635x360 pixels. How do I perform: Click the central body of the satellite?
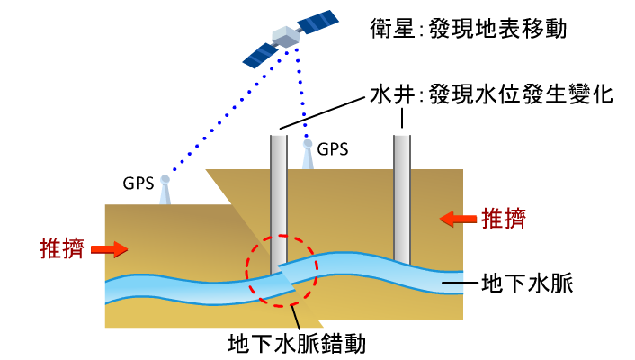point(285,37)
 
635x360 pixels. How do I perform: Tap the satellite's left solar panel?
point(260,57)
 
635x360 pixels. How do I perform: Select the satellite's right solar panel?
point(317,22)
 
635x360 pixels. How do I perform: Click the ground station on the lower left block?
point(165,190)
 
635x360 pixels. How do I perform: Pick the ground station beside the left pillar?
point(308,155)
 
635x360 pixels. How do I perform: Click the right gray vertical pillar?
point(402,198)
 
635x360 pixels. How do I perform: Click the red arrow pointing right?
point(109,249)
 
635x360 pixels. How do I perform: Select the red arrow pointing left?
point(458,219)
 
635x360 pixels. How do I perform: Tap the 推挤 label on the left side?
point(62,248)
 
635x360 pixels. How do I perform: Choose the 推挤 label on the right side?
point(504,218)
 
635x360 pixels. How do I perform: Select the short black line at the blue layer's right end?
point(452,283)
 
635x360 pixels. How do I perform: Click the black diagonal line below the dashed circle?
point(294,317)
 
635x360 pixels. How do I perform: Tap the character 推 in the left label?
point(50,248)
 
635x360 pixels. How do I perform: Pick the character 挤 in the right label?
point(515,218)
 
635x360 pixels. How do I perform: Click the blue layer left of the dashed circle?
point(180,289)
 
